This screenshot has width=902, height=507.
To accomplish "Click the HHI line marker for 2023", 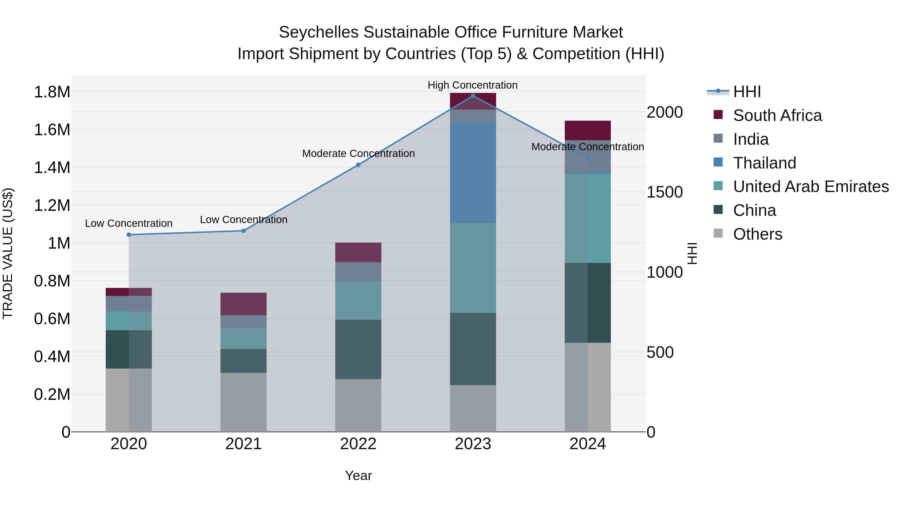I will pos(473,96).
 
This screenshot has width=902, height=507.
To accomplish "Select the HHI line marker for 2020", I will pos(129,235).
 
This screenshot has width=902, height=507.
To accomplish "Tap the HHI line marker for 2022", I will pos(358,165).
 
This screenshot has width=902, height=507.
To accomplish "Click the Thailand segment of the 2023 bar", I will pos(473,173).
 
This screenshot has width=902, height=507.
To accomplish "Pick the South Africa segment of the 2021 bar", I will pos(243,304).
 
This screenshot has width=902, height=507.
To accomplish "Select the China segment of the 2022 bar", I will pos(358,349).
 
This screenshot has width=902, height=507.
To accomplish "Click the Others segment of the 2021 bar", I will pos(243,402).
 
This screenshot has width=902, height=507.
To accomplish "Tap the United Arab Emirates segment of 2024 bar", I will pos(588,218).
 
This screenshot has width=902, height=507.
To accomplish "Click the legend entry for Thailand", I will pos(764,163).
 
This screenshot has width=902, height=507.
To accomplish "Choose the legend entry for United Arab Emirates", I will pos(811,187).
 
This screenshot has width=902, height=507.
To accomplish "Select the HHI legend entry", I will pos(747,92).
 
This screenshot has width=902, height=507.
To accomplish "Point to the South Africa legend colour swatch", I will pos(718,115).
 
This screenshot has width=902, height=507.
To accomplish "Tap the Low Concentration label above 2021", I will pos(243,220).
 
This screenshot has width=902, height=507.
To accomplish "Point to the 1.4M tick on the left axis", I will pos(52,167).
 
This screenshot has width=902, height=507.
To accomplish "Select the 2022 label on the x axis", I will pos(358,444).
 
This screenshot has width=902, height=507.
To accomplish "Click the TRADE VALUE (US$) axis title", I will pos(8,253).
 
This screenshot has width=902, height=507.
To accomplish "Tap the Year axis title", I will pos(358,475).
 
